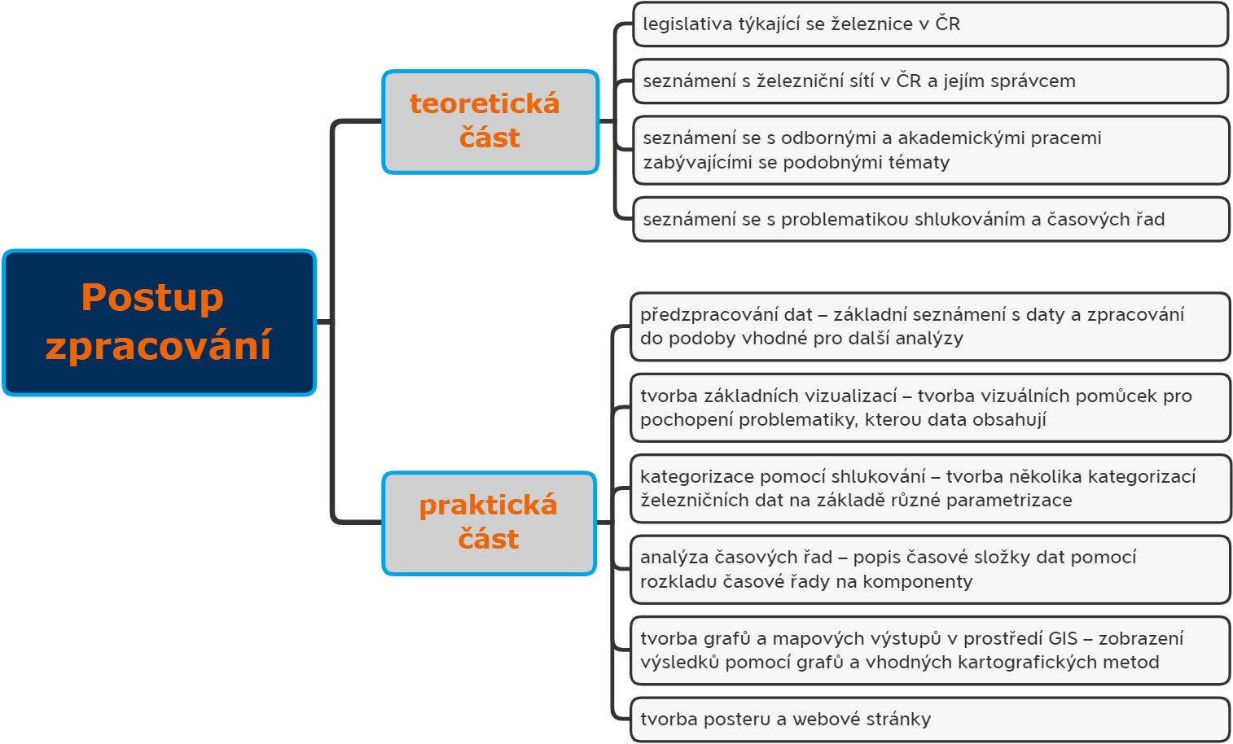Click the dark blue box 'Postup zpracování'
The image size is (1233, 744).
159,322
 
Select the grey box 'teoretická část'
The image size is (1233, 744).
490,121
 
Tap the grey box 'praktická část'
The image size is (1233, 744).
489,523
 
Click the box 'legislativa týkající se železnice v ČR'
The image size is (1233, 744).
930,24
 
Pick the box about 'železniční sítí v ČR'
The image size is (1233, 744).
930,81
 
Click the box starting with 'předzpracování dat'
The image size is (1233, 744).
930,327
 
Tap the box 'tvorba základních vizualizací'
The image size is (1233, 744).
930,408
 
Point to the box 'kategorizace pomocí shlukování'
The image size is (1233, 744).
930,488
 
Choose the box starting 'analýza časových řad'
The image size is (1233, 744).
930,570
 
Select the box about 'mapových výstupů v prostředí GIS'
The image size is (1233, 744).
930,650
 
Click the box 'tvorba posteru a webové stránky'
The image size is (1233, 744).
930,720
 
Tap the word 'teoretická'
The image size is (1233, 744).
485,103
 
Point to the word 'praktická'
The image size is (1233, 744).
489,505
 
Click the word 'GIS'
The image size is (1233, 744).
1063,638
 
